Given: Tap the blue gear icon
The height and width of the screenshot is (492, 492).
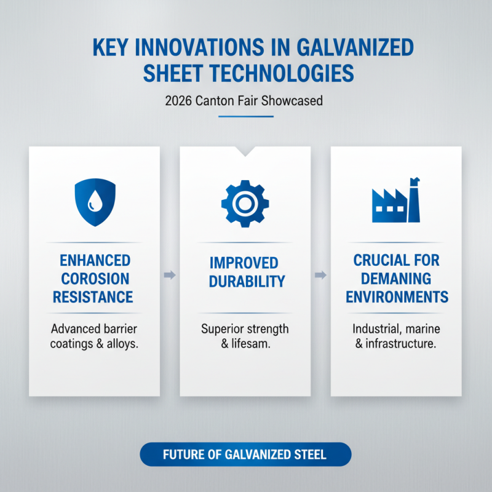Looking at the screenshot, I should pos(245,202).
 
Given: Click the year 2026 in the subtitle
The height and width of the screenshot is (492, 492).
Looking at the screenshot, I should pos(178,100).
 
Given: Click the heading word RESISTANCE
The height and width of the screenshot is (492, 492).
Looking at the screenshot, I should pos(92,298).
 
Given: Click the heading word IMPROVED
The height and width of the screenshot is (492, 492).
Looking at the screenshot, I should pos(245,263).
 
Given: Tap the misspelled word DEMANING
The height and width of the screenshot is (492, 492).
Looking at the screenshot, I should pos(396,279).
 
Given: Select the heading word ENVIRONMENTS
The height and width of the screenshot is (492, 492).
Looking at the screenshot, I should pos(396,298).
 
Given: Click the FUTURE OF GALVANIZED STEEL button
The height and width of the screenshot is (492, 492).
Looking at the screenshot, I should pos(245,456).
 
